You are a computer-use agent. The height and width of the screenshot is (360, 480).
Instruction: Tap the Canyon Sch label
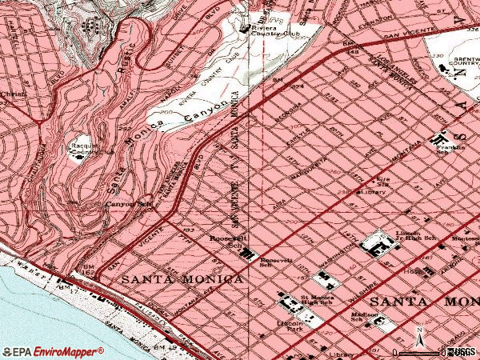(128, 203)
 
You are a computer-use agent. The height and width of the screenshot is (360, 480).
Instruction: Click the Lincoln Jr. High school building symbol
(374, 245)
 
